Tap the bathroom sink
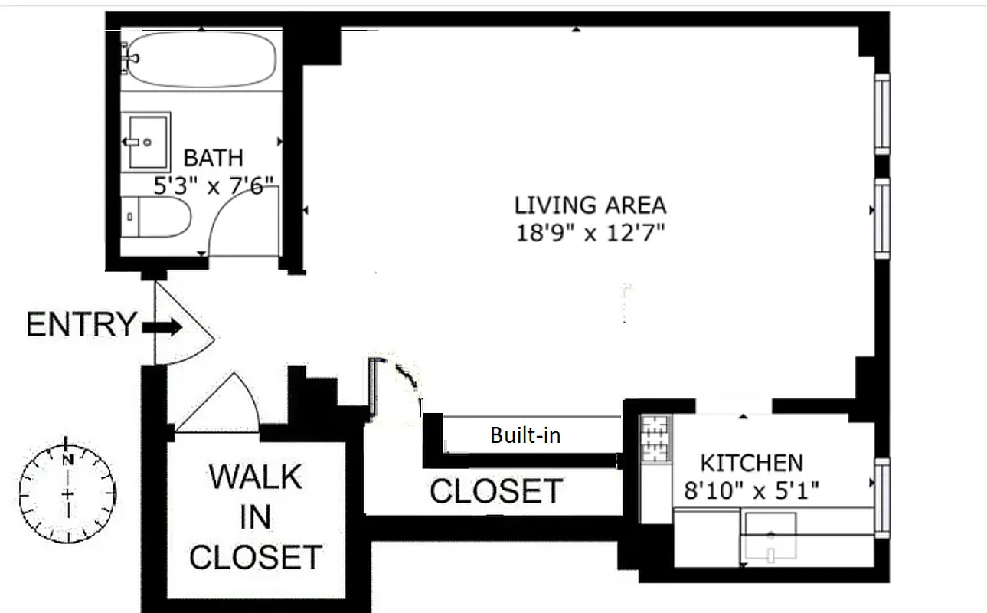pyautogui.click(x=149, y=141)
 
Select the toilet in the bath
pyautogui.click(x=155, y=218)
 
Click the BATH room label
pyautogui.click(x=214, y=159)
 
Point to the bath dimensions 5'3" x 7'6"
pyautogui.click(x=214, y=185)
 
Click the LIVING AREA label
pyautogui.click(x=590, y=205)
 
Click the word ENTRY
pyautogui.click(x=80, y=325)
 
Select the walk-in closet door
pyautogui.click(x=219, y=406)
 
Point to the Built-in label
pyautogui.click(x=525, y=436)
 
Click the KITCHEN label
pyautogui.click(x=752, y=463)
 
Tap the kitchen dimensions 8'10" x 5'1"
pyautogui.click(x=752, y=490)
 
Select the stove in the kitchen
pyautogui.click(x=655, y=438)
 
